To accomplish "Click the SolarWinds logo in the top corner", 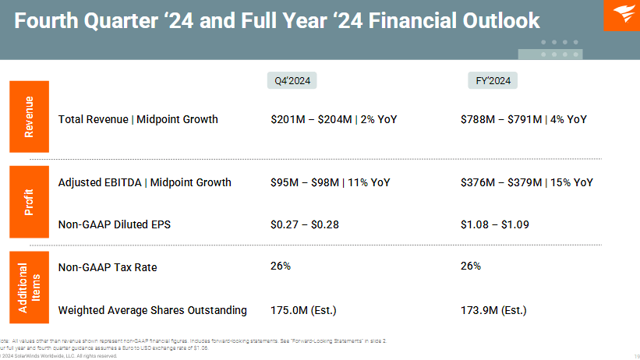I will tap(621, 15).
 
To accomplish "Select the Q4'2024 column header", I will tap(292, 80).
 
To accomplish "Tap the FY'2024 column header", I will tap(493, 80).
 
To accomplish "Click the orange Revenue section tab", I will tap(29, 117).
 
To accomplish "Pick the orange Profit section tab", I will tap(29, 202).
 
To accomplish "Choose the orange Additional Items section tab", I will tap(29, 288).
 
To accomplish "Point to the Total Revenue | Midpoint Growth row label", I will tap(138, 119).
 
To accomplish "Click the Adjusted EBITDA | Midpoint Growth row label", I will tap(144, 182).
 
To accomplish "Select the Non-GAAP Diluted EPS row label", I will tap(114, 224).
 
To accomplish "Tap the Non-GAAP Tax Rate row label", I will tap(108, 267).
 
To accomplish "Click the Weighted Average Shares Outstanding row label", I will tap(152, 310).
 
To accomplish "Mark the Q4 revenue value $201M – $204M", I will tap(311, 119).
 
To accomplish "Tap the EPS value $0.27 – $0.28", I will tap(305, 224).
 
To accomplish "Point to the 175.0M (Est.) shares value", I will tap(303, 310).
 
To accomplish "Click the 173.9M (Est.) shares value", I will tap(493, 310).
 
